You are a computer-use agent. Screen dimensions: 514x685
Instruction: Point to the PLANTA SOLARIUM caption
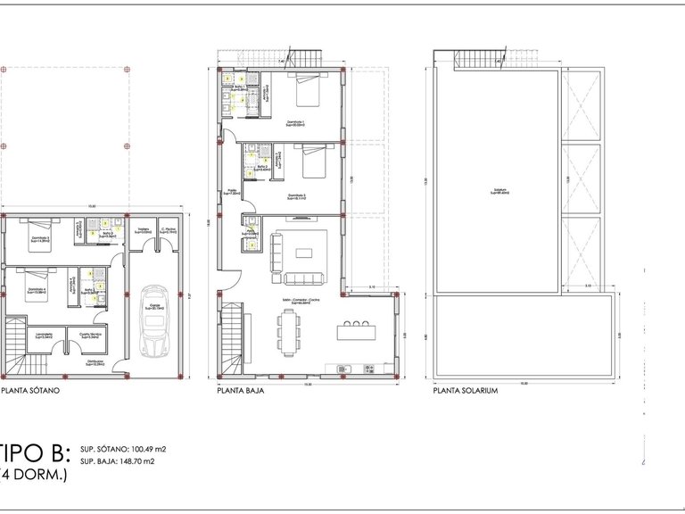(466, 390)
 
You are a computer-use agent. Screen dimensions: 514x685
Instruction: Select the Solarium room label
(498, 191)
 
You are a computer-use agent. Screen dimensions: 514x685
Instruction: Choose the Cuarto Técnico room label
(90, 336)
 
